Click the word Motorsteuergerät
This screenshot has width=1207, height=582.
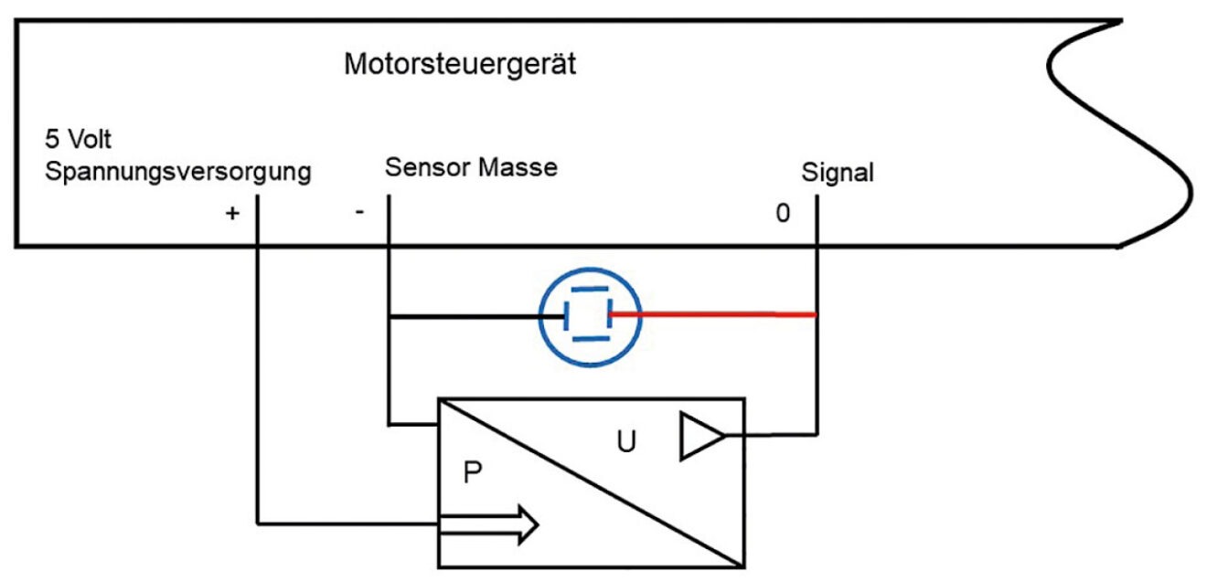coord(460,66)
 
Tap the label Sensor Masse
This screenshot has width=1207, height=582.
coord(471,168)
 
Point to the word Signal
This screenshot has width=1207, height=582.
coord(837,172)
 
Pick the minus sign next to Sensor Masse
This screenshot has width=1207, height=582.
coord(359,211)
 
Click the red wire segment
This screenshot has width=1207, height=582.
coord(713,314)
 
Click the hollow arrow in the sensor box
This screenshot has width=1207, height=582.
coord(489,525)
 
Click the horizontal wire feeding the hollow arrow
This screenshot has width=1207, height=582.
coord(347,524)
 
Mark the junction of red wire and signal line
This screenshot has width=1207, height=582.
coord(815,315)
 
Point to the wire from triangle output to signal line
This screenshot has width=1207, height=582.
coord(773,435)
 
